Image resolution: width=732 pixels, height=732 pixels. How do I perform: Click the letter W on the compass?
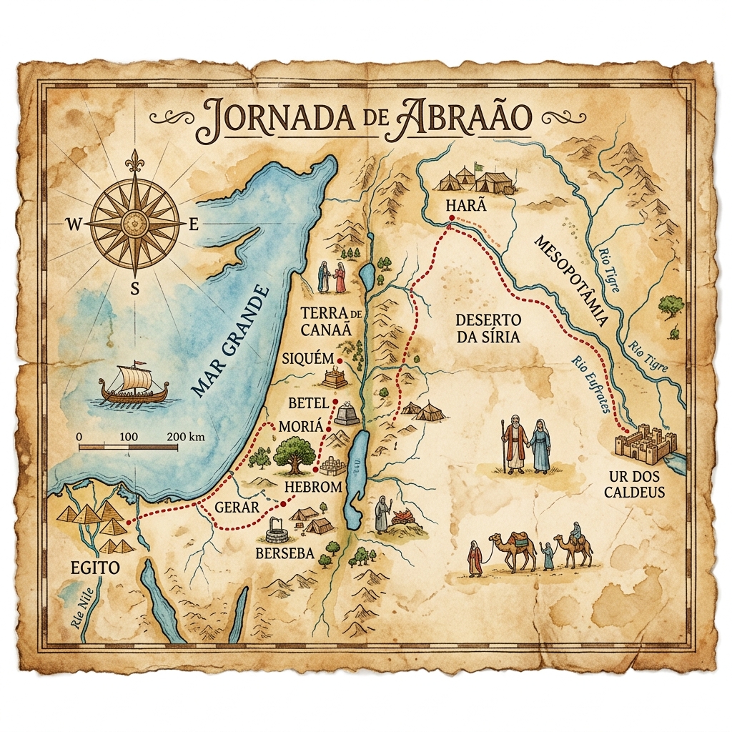[x=74, y=224]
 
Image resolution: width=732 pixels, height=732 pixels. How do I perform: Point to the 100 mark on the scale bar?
[x=129, y=436]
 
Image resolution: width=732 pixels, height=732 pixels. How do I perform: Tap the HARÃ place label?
[x=465, y=205]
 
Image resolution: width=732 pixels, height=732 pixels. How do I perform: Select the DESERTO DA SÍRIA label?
[x=488, y=327]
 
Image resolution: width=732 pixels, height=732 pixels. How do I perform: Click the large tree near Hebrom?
[x=293, y=455]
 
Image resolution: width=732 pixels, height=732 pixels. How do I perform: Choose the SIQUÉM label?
[x=308, y=358]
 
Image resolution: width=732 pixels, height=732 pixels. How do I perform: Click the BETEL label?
[x=307, y=403]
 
